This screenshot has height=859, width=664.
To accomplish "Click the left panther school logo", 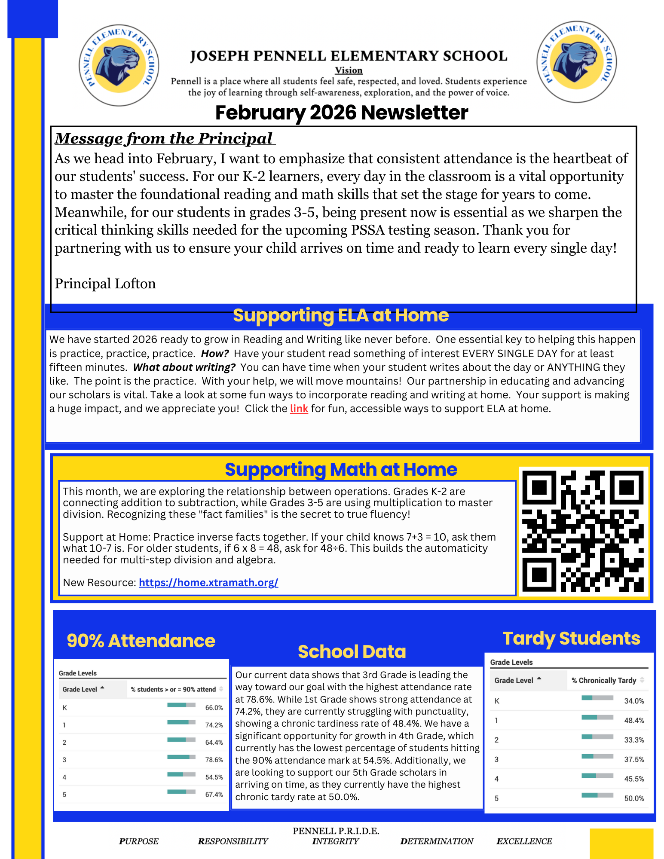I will coord(119,65).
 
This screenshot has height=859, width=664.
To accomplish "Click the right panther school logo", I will coord(576,62).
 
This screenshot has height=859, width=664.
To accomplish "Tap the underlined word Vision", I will coord(349,70).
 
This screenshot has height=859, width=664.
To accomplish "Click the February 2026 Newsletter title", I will coord(341,113).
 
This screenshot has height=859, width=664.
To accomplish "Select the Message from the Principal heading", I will coord(164,138).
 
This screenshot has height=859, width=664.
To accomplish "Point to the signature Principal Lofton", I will coord(105,284).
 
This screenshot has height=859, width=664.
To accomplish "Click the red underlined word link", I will coord(299,408).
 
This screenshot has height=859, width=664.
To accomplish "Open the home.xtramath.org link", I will coord(208,582).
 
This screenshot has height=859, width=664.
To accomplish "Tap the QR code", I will coord(583,531).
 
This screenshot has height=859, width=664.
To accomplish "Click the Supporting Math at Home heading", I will coord(340,469).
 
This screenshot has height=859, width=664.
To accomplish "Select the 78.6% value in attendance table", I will coord(214,760).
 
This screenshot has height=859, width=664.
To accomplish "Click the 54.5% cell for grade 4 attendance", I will coord(214,777).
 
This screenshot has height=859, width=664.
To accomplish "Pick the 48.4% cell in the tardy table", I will coord(634,720).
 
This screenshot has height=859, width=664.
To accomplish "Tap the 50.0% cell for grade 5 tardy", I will coord(634,798).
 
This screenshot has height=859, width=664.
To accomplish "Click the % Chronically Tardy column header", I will coord(603,680).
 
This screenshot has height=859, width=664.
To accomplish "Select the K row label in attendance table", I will coord(64,708).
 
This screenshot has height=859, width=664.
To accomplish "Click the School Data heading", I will coord(352,651).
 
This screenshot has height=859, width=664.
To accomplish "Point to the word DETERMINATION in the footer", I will coord(437,841).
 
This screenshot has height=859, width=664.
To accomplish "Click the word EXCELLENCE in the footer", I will coord(524,841).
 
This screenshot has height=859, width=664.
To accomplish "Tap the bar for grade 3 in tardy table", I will coord(597,756).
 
